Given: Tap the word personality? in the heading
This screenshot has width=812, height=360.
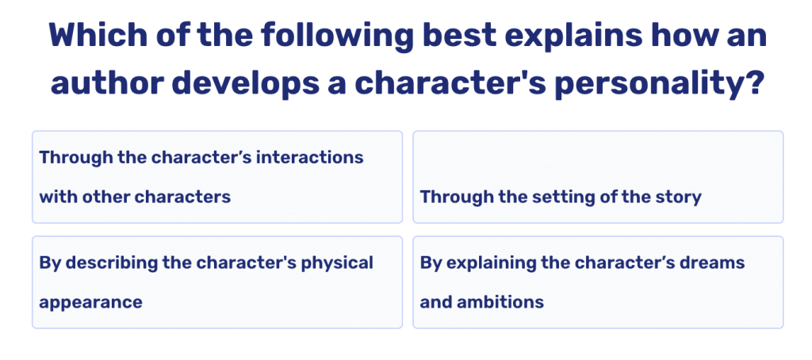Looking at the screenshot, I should point(657,82).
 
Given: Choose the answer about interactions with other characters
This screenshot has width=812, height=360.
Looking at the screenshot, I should point(216,177).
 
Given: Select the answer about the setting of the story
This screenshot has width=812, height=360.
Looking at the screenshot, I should point(597,177).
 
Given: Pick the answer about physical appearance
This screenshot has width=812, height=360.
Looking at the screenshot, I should point(216,281).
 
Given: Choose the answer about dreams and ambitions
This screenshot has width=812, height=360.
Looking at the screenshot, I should point(597,281).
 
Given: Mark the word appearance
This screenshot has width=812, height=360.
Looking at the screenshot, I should point(90,302).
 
